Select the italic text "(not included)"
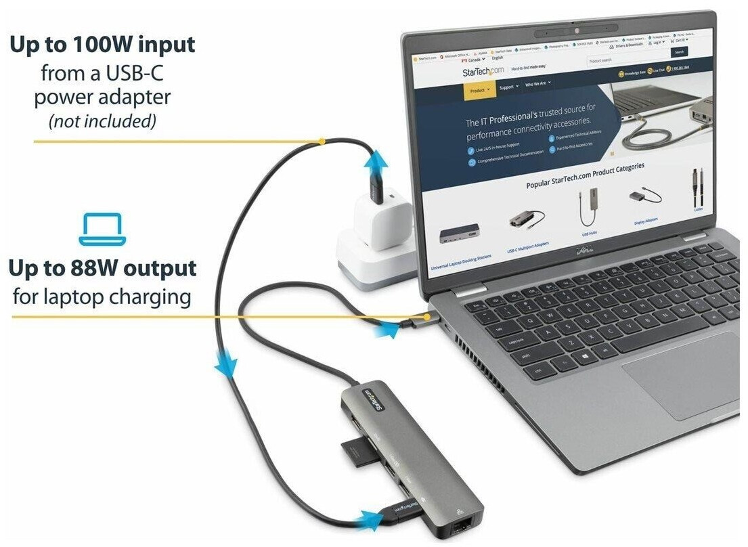[102, 122]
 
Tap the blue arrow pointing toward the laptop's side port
[387, 330]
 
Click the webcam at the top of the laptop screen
[577, 30]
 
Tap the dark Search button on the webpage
[680, 52]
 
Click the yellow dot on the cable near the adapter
[322, 141]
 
